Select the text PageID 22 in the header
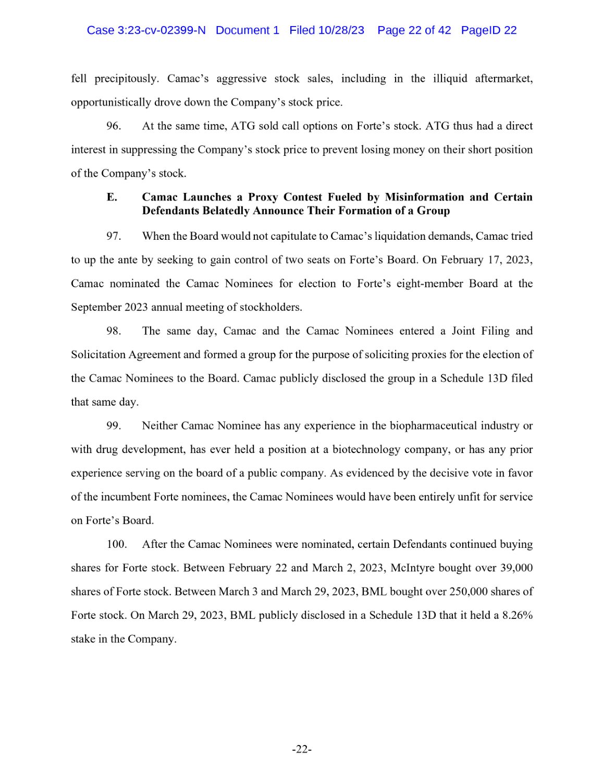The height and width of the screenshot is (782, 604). click(x=488, y=30)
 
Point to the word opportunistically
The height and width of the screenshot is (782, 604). click(x=110, y=102)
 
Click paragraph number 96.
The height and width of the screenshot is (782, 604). click(x=114, y=126)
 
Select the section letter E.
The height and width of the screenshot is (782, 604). click(x=112, y=197)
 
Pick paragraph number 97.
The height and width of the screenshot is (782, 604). click(x=114, y=236)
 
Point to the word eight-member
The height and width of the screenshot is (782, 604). click(x=429, y=284)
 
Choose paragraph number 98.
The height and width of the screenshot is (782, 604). click(x=114, y=331)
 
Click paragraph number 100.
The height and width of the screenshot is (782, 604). click(x=117, y=544)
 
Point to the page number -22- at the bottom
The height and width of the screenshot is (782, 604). click(x=302, y=750)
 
